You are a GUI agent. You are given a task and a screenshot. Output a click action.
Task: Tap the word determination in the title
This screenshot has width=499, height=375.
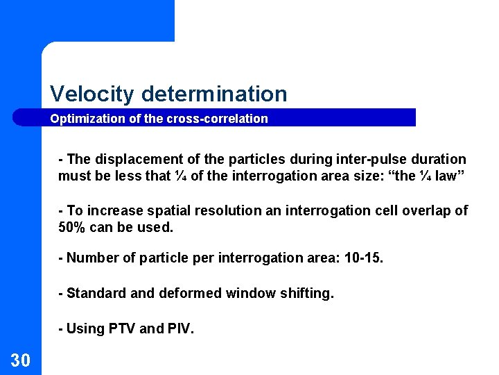[x=214, y=94]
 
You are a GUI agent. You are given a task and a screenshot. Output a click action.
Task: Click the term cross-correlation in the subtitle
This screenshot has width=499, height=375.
[x=217, y=119]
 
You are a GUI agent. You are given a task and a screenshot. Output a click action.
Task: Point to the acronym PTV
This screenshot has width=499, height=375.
[x=123, y=328]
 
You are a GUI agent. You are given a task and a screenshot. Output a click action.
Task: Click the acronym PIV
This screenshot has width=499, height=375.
[x=180, y=328]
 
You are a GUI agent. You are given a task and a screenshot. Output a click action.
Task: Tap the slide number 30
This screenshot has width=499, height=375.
[x=20, y=359]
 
